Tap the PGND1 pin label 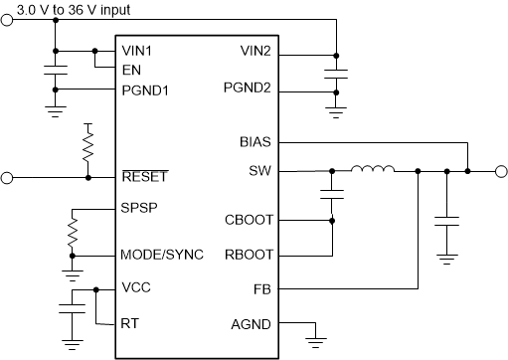pyautogui.click(x=144, y=90)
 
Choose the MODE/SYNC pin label pyautogui.click(x=162, y=255)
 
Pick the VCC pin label pyautogui.click(x=135, y=288)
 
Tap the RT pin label pyautogui.click(x=129, y=323)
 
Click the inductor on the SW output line pyautogui.click(x=372, y=170)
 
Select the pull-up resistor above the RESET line pyautogui.click(x=89, y=148)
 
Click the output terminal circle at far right pyautogui.click(x=499, y=171)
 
